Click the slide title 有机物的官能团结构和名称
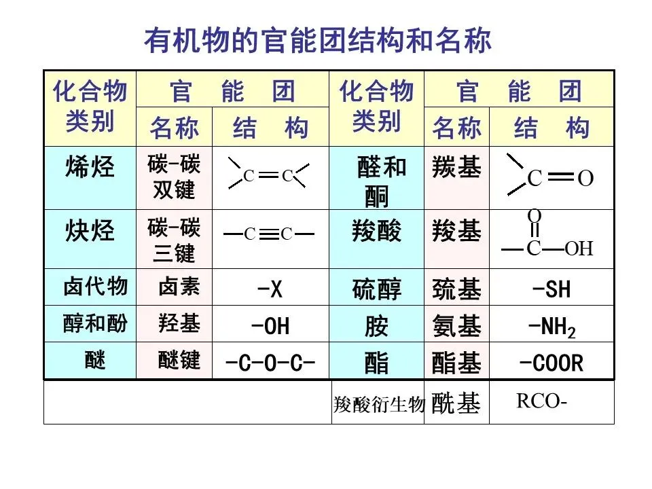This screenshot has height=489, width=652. pos(317,41)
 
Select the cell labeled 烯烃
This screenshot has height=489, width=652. pos(90,167)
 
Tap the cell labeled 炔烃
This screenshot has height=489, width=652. pos(90,232)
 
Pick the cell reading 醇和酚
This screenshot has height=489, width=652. pos(95,324)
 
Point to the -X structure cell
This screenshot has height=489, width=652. pos(270,290)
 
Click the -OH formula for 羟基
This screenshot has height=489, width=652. pos(270,327)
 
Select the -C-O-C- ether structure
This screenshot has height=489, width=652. pos(270,363)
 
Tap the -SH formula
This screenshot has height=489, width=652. pos(551,290)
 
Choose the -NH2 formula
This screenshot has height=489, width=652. pos(551,327)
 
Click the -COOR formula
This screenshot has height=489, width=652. pos(551,363)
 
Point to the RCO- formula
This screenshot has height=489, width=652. pos(541,401)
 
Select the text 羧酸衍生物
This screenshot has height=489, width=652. pos(378,405)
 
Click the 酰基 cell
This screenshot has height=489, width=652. pos(456,404)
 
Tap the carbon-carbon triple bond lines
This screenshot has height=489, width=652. pos(269,234)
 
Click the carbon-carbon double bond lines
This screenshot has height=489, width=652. pos(268,176)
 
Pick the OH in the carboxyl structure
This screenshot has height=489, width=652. pos(579,249)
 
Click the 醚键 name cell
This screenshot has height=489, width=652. pos(179,360)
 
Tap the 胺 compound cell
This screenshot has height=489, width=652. pos(376,327)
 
